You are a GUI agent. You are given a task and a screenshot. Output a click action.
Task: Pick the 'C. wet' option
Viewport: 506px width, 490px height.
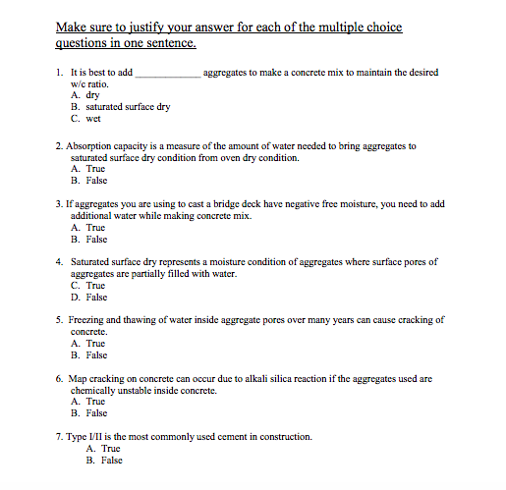[x=85, y=119]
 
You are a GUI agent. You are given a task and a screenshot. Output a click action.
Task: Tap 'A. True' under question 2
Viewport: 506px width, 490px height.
[x=87, y=169]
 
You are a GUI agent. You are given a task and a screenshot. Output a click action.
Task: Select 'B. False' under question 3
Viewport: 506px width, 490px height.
[x=88, y=239]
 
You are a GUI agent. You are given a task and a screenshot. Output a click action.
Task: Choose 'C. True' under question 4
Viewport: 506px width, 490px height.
[x=87, y=286]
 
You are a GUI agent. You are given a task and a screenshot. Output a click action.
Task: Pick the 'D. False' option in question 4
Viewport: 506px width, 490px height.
[x=88, y=297]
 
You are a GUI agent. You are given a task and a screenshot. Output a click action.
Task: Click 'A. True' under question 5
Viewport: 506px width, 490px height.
[x=87, y=344]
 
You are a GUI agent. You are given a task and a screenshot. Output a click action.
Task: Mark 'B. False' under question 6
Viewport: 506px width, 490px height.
[x=88, y=413]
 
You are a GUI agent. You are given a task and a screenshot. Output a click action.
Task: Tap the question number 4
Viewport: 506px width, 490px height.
[x=60, y=262]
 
